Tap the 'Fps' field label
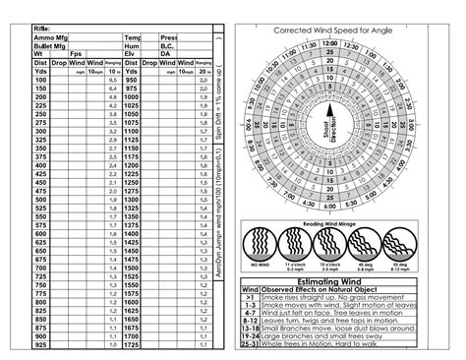(76, 54)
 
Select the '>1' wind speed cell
(250, 297)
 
